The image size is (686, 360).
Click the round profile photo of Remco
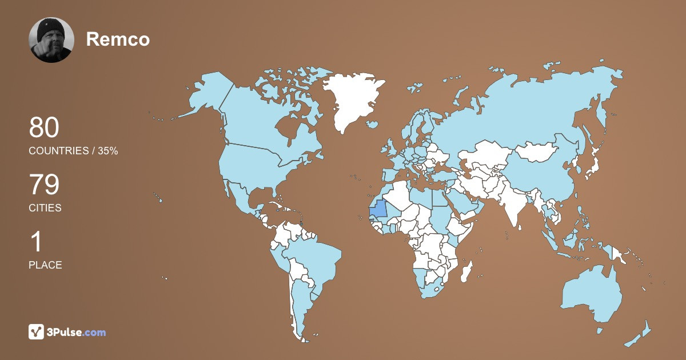point(51,40)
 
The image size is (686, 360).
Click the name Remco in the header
point(118,39)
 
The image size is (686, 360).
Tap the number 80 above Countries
point(44,128)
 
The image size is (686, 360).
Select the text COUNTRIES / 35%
point(73,151)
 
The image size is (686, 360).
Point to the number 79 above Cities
point(44,185)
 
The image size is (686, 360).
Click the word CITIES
point(45,208)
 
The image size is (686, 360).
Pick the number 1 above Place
point(36,242)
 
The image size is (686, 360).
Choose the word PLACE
point(45,265)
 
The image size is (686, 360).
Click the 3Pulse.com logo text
point(76,332)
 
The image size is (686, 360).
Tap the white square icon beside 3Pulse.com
point(37,332)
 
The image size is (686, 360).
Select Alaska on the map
point(206,94)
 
